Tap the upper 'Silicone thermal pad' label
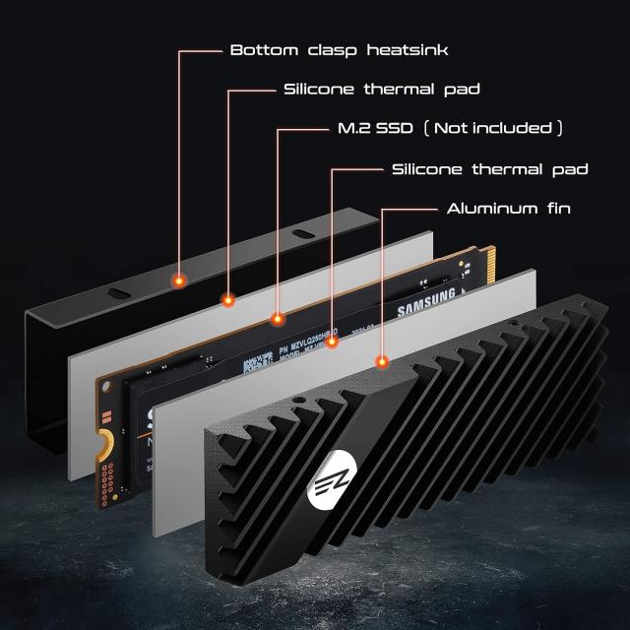381,90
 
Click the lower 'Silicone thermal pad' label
489,169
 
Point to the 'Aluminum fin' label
508,209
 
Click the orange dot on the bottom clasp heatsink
179,281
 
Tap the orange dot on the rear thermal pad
228,300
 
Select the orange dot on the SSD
278,320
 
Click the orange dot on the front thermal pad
332,342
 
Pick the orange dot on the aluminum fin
381,362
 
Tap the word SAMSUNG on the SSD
426,302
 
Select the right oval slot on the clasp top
301,235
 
